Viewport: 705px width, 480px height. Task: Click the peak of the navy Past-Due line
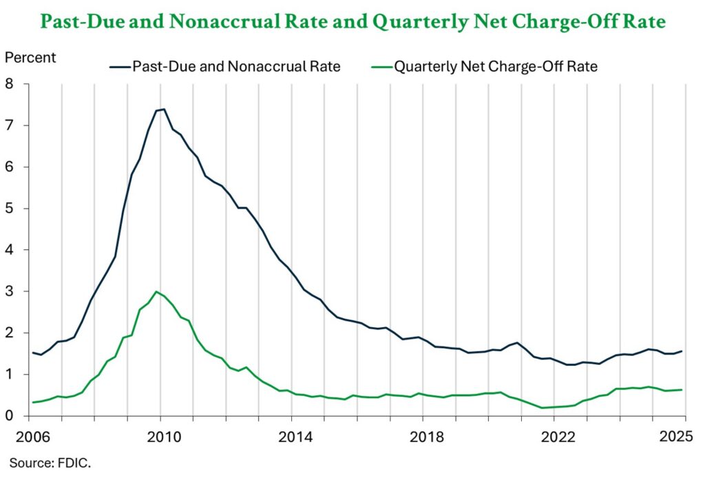coord(163,109)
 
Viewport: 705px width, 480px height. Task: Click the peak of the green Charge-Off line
coord(157,291)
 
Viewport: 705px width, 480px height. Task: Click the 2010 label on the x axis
coord(160,437)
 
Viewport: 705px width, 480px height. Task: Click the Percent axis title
coord(30,57)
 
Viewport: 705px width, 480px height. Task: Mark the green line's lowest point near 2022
coord(543,408)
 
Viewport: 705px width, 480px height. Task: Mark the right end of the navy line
coord(682,351)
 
